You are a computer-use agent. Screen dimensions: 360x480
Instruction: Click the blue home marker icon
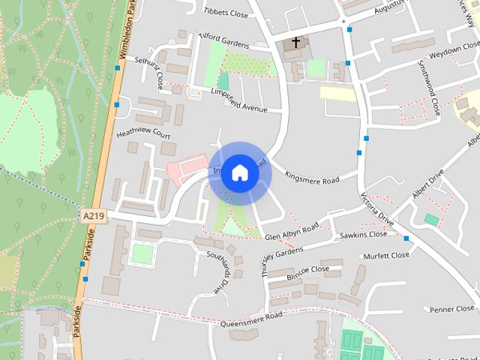pyautogui.click(x=239, y=173)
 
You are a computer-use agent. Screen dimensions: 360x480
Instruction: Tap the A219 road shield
pyautogui.click(x=94, y=216)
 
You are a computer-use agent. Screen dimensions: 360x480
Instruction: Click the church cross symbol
pyautogui.click(x=296, y=42)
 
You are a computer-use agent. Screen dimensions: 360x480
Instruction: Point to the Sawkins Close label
pyautogui.click(x=363, y=235)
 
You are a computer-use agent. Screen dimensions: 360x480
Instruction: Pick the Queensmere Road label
pyautogui.click(x=251, y=319)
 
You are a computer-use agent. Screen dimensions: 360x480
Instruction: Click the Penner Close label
pyautogui.click(x=453, y=309)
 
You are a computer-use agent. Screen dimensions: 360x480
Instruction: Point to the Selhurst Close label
pyautogui.click(x=148, y=70)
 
